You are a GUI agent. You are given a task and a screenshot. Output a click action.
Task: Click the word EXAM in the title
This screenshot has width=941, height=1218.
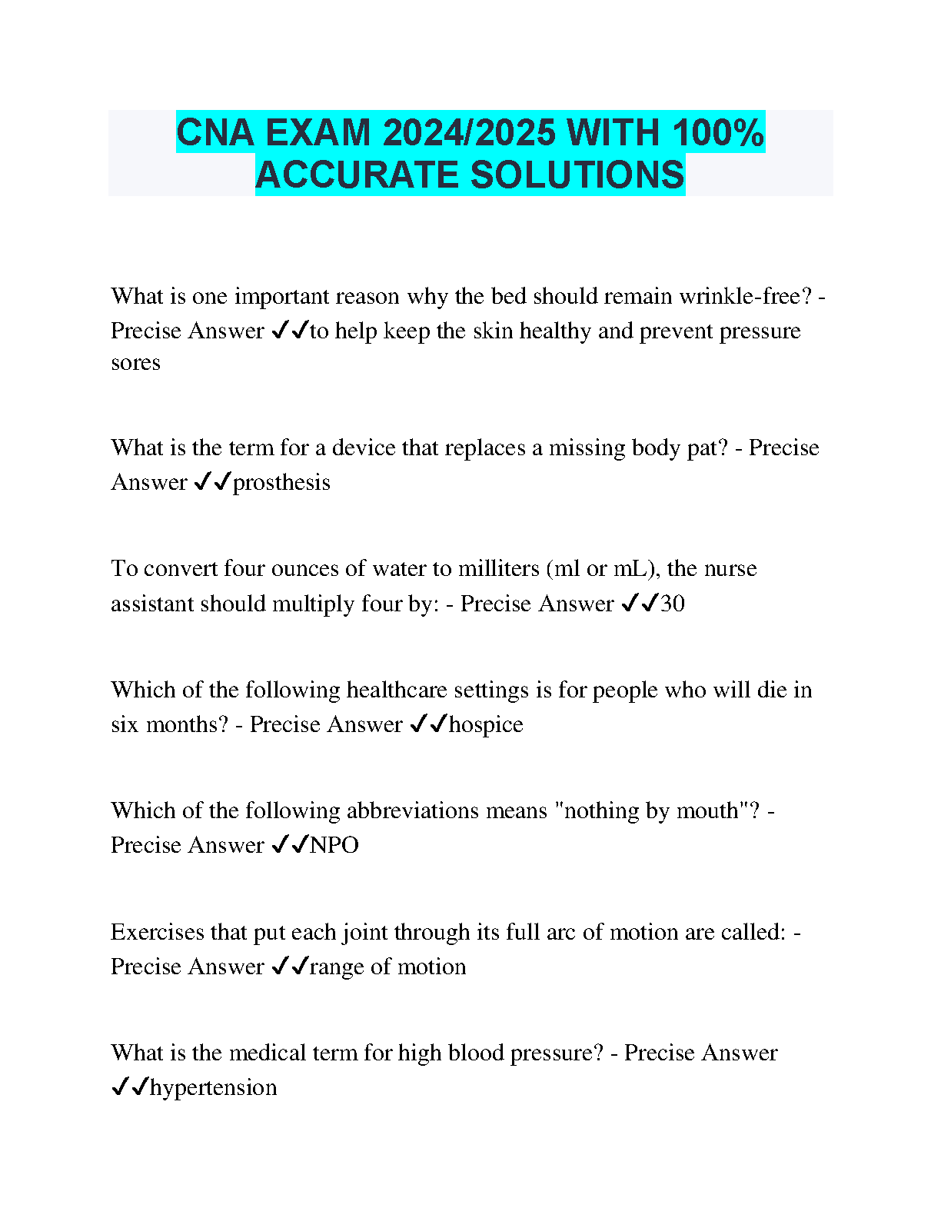pyautogui.click(x=318, y=132)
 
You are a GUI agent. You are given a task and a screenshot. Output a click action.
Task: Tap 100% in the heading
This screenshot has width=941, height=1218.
pyautogui.click(x=718, y=132)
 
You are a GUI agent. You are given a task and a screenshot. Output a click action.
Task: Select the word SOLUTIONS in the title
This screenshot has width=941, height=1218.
pyautogui.click(x=577, y=175)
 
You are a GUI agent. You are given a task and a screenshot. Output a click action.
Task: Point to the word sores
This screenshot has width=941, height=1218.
pyautogui.click(x=135, y=363)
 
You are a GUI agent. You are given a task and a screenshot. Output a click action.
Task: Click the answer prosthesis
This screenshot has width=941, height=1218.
pyautogui.click(x=281, y=482)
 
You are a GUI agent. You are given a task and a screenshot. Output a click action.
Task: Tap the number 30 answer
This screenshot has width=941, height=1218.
pyautogui.click(x=672, y=604)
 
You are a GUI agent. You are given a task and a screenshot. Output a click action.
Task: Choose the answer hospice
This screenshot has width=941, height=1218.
pyautogui.click(x=486, y=724)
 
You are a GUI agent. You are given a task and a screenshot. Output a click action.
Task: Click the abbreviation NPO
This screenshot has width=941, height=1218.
pyautogui.click(x=334, y=845)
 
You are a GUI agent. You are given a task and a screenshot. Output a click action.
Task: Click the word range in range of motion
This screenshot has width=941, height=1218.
pyautogui.click(x=337, y=967)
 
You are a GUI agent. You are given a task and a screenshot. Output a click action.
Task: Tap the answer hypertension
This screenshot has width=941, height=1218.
pyautogui.click(x=214, y=1087)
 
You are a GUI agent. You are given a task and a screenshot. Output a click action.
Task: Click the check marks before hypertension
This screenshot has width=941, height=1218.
pyautogui.click(x=129, y=1087)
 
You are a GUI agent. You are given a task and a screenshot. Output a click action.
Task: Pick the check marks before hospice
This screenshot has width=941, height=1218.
pyautogui.click(x=428, y=724)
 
